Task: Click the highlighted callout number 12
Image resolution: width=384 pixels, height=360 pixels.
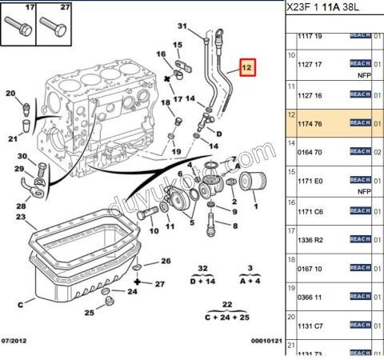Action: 248,70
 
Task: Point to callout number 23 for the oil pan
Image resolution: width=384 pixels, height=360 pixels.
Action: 20,217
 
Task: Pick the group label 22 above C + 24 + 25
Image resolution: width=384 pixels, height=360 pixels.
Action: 205,304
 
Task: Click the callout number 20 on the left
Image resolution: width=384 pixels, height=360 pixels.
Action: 10,94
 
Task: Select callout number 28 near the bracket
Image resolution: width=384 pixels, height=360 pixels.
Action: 21,206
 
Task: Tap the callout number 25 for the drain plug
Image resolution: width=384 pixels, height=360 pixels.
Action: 90,313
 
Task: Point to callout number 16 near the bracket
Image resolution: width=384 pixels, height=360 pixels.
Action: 161,54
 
